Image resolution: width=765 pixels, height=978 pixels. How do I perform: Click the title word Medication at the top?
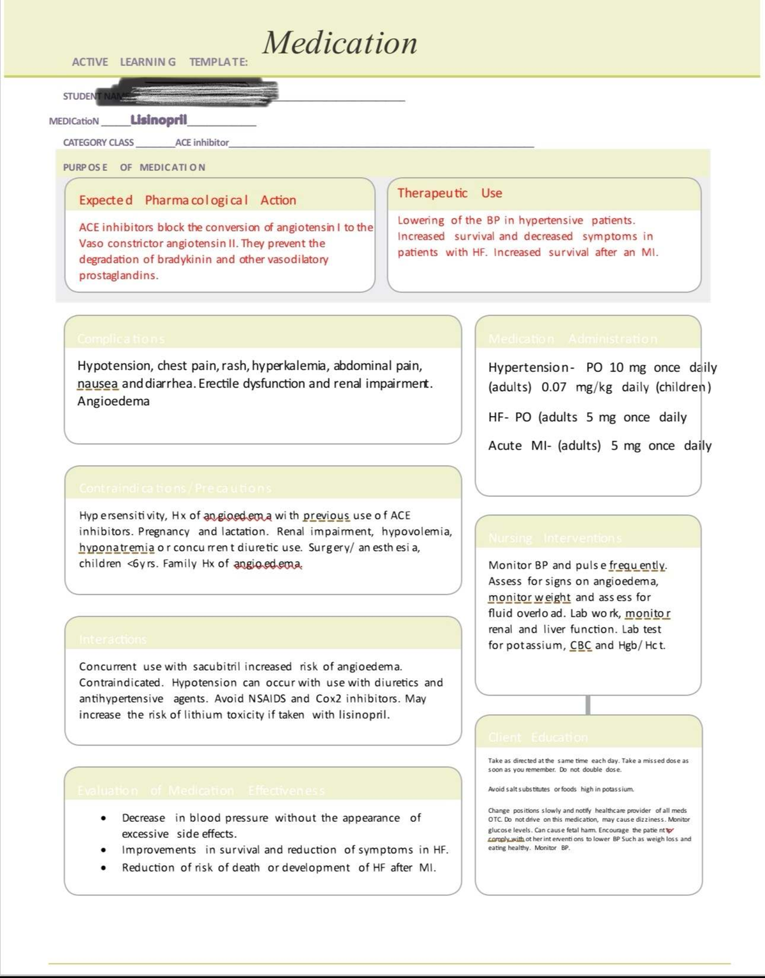pos(340,43)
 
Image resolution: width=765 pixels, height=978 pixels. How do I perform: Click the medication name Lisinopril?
pos(159,120)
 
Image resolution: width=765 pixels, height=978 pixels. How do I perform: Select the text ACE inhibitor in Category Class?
pos(202,143)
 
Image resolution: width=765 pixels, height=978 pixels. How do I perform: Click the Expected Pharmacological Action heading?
pos(187,200)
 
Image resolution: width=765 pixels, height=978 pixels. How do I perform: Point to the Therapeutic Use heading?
pos(449,193)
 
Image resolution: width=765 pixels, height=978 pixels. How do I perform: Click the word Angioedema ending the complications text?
pos(113,401)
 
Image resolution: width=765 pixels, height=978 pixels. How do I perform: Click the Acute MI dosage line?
pos(599,446)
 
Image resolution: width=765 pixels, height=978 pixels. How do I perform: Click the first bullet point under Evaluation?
pos(103,818)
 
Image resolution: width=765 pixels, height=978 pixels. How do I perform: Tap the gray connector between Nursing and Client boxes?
pos(588,705)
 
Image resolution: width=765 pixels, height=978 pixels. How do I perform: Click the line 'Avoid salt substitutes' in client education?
pos(561,789)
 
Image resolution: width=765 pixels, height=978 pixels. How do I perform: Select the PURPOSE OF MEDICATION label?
pos(134,167)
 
